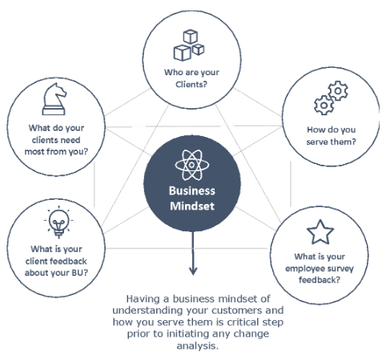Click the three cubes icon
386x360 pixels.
(189, 45)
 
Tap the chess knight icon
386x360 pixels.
(54, 99)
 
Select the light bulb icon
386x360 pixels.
(58, 223)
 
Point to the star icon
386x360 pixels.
(320, 232)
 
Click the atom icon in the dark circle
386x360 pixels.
(192, 165)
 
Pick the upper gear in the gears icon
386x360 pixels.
(338, 90)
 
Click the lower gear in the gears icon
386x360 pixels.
(324, 105)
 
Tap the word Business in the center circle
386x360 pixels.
(192, 191)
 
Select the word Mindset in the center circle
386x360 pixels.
(192, 206)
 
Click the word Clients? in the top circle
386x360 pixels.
(191, 84)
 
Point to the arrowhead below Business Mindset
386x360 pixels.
(193, 270)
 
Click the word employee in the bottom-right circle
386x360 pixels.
(303, 269)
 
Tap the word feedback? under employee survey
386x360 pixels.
(320, 280)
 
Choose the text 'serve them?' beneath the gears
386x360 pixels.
(331, 142)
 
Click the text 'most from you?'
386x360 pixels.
(56, 151)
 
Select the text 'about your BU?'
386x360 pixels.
(56, 273)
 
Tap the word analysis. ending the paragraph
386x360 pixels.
(198, 346)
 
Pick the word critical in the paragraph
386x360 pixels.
(243, 322)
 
